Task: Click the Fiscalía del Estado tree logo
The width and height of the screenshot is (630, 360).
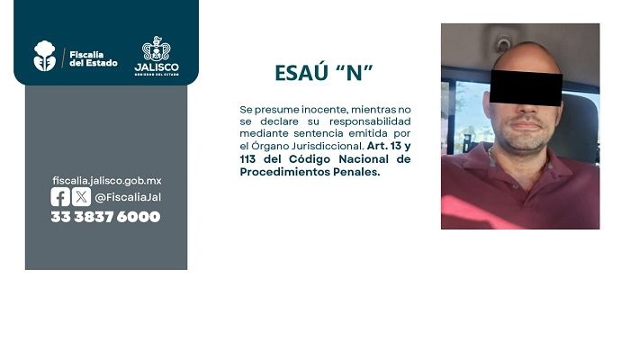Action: (45, 56)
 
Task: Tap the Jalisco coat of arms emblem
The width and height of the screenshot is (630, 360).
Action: (157, 49)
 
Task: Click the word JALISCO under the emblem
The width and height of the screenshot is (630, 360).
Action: (157, 67)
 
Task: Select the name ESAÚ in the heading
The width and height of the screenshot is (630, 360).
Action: (300, 72)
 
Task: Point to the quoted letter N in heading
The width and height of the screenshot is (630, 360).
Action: (354, 73)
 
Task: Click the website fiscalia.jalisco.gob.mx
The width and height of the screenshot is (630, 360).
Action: (107, 181)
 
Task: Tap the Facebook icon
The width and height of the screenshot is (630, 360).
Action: (60, 197)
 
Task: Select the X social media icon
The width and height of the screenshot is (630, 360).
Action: (81, 197)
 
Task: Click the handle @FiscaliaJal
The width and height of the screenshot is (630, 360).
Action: (128, 197)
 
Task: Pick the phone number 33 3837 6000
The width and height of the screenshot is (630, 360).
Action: (105, 217)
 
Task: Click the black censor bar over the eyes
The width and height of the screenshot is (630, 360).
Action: (526, 88)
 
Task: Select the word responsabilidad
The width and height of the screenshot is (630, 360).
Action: (370, 121)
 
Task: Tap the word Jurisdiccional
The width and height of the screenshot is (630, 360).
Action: (327, 146)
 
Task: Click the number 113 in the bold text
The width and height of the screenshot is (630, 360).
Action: (247, 159)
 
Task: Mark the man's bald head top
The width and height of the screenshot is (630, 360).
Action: (526, 54)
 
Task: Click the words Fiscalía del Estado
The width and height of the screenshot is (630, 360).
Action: (94, 58)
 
